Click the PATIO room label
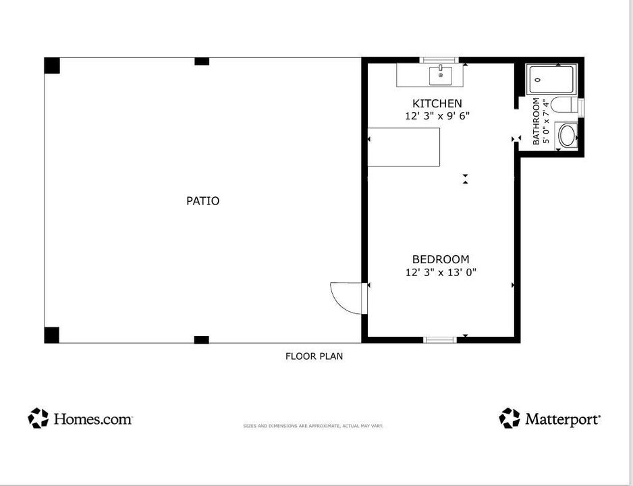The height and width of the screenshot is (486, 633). tap(202, 201)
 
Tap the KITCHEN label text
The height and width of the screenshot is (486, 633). tap(437, 103)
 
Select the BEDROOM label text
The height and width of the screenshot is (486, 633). tap(441, 259)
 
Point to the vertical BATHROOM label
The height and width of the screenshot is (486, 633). tap(536, 121)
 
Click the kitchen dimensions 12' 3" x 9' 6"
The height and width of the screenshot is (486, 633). tap(437, 116)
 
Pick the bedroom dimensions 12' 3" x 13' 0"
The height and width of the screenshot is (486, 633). tap(441, 273)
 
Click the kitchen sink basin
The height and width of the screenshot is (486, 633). tap(441, 76)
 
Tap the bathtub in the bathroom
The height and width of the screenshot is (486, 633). tap(551, 80)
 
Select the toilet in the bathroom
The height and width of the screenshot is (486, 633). tap(564, 105)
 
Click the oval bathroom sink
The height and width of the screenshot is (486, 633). tap(567, 136)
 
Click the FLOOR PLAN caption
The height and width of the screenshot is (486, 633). tap(314, 356)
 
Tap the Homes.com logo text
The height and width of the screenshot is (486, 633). tap(93, 419)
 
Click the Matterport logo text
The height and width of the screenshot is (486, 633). tap(563, 419)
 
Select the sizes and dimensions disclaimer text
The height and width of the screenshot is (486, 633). tap(313, 426)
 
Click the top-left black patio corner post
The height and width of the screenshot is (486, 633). tap(52, 65)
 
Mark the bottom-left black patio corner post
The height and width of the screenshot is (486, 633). tap(52, 335)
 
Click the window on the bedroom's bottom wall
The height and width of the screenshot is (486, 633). tap(440, 340)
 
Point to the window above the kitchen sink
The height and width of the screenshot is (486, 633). tap(439, 60)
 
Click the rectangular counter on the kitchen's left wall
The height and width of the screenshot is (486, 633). tap(404, 147)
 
